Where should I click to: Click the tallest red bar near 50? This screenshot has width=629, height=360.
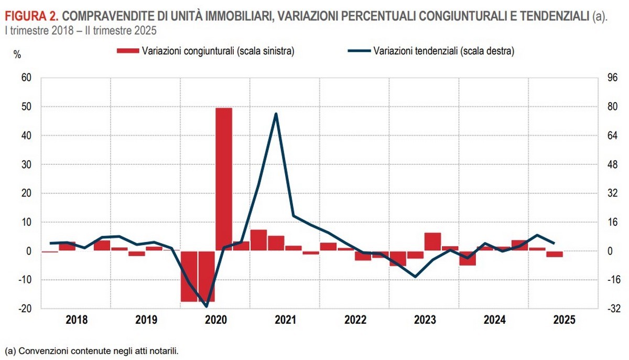224,178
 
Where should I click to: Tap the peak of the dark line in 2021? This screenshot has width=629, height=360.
276,114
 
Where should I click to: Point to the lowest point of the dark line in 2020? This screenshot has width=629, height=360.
207,307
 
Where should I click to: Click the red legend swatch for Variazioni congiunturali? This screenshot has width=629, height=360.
128,51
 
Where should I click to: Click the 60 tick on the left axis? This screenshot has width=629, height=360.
26,78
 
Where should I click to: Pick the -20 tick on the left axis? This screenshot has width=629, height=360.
25,309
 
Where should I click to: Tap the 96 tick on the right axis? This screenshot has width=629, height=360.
613,78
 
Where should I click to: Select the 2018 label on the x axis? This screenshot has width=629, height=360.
77,320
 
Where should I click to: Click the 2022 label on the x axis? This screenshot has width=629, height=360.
355,320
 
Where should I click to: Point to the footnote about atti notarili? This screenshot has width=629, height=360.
91,351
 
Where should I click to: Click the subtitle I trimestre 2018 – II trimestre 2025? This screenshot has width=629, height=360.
80,30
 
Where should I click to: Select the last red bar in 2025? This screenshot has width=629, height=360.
555,254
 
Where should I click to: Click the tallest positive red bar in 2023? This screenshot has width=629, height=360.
432,242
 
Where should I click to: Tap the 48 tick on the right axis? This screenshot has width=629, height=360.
613,164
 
